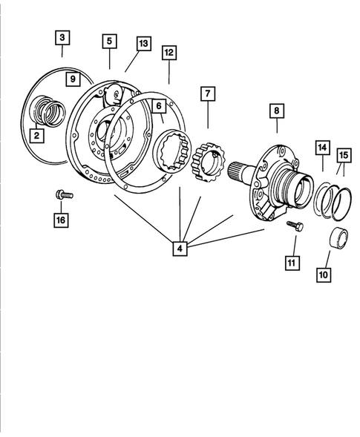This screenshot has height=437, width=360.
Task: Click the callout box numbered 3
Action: [x=62, y=36]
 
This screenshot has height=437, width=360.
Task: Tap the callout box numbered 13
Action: [x=143, y=44]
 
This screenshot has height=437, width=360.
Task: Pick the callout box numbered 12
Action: [x=169, y=53]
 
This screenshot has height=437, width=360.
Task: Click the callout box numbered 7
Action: [x=207, y=94]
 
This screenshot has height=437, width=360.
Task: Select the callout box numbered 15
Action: [x=343, y=155]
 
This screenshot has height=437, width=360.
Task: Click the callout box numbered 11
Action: [x=292, y=261]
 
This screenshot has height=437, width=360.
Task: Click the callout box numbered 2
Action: [x=34, y=135]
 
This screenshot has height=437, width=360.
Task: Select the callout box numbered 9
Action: [x=72, y=78]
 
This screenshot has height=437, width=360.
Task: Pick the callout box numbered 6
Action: [x=159, y=107]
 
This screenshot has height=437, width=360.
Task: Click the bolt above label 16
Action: [x=62, y=195]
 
